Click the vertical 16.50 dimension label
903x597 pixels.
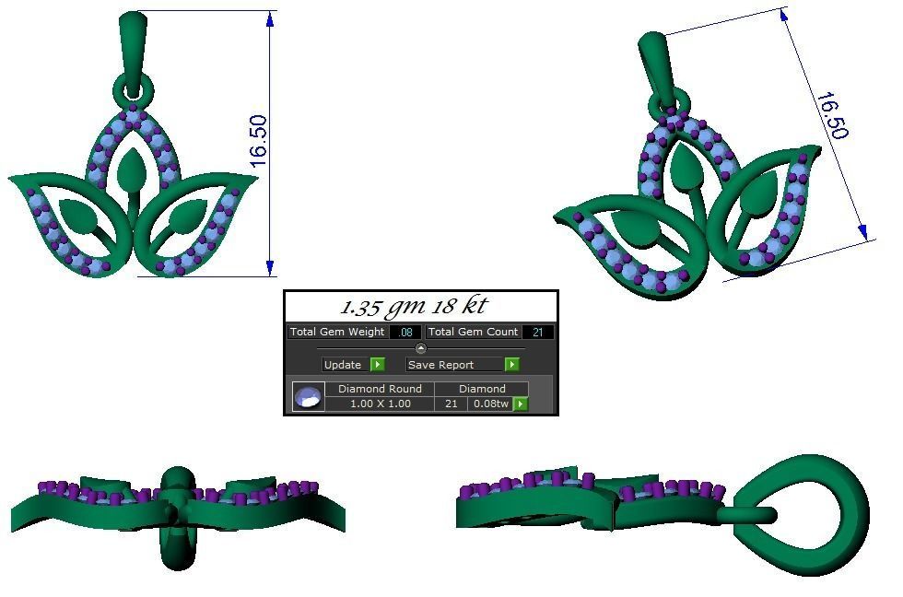[258, 141]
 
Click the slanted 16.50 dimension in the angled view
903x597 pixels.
[830, 115]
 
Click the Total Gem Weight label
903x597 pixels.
[337, 332]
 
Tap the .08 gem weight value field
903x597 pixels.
[405, 332]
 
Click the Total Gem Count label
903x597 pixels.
[473, 332]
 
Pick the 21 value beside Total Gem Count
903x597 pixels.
[537, 332]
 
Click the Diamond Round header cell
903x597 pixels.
[380, 389]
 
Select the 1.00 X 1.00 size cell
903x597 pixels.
[380, 404]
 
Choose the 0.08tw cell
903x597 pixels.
[490, 404]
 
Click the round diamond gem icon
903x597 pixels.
[308, 397]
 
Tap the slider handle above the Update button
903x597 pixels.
[421, 348]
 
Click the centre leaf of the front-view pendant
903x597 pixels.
[135, 170]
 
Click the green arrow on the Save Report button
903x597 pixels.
[512, 365]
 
